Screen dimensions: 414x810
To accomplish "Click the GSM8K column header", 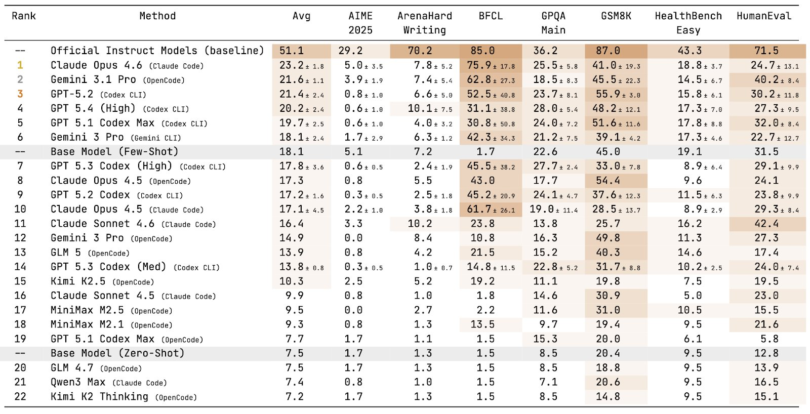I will click(616, 16).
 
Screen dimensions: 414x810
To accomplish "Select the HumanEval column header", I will click(764, 16).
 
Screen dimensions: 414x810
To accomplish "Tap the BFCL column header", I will click(491, 16).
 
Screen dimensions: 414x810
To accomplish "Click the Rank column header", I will click(24, 16).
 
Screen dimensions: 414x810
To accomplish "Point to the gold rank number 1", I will click(20, 65).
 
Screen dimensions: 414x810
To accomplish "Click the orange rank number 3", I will click(20, 94).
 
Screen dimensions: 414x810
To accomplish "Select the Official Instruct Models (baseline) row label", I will click(157, 51).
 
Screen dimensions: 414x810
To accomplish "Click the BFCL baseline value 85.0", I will click(482, 51).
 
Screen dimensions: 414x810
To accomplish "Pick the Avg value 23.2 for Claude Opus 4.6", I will click(292, 65).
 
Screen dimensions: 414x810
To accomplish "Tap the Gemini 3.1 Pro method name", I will click(93, 79).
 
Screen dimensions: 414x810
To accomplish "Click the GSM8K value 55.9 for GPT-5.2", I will click(608, 94).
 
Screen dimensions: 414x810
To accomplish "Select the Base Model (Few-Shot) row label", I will click(114, 152).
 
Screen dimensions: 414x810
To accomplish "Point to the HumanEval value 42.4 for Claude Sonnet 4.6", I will click(766, 224).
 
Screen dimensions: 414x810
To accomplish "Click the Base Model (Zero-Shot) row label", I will click(117, 353).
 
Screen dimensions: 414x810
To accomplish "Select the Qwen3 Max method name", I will click(78, 382).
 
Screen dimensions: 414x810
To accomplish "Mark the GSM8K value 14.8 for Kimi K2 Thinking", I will click(608, 397).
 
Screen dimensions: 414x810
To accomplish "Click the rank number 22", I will click(20, 397).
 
